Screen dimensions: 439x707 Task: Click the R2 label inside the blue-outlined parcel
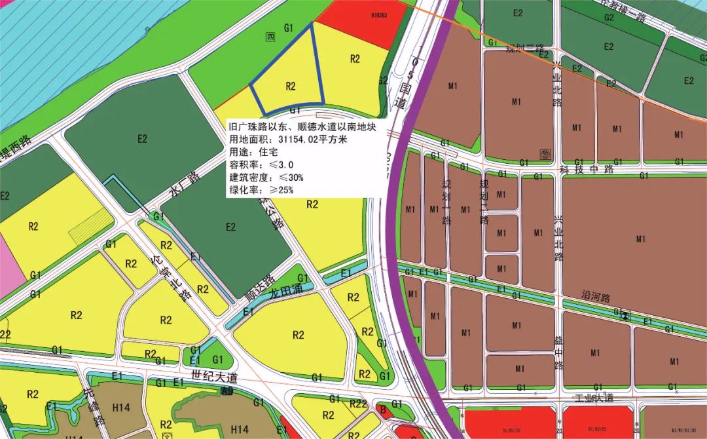point(291,86)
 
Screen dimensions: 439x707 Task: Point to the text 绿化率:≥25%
point(261,190)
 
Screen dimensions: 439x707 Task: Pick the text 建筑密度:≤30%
point(266,178)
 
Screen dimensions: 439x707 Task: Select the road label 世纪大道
point(215,378)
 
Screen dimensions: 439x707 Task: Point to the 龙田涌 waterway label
point(287,286)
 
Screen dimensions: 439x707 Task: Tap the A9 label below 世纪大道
point(227,391)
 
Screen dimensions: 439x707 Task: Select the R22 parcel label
point(357,404)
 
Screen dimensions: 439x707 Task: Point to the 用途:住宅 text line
point(251,152)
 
